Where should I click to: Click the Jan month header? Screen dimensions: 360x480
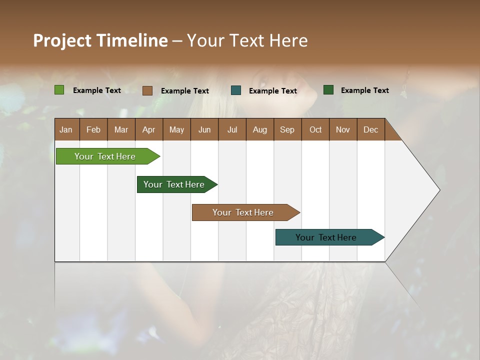(66, 129)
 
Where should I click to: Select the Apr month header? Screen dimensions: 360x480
(149, 129)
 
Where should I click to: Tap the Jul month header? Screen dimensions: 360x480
(232, 129)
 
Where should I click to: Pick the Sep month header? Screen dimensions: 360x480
(287, 129)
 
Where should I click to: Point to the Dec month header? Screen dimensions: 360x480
(370, 129)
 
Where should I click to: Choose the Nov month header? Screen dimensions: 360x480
(342, 129)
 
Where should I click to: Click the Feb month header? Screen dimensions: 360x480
(93, 129)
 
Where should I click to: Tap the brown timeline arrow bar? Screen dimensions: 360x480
(243, 212)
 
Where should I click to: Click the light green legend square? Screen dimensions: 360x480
(59, 90)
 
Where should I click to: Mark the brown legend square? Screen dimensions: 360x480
(147, 90)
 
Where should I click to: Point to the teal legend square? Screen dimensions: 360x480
(236, 90)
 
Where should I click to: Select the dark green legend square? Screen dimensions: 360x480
(328, 90)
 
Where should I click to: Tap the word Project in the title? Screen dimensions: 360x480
(62, 40)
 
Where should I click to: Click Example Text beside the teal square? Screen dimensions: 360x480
(272, 91)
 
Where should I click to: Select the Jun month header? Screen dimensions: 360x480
(204, 129)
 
